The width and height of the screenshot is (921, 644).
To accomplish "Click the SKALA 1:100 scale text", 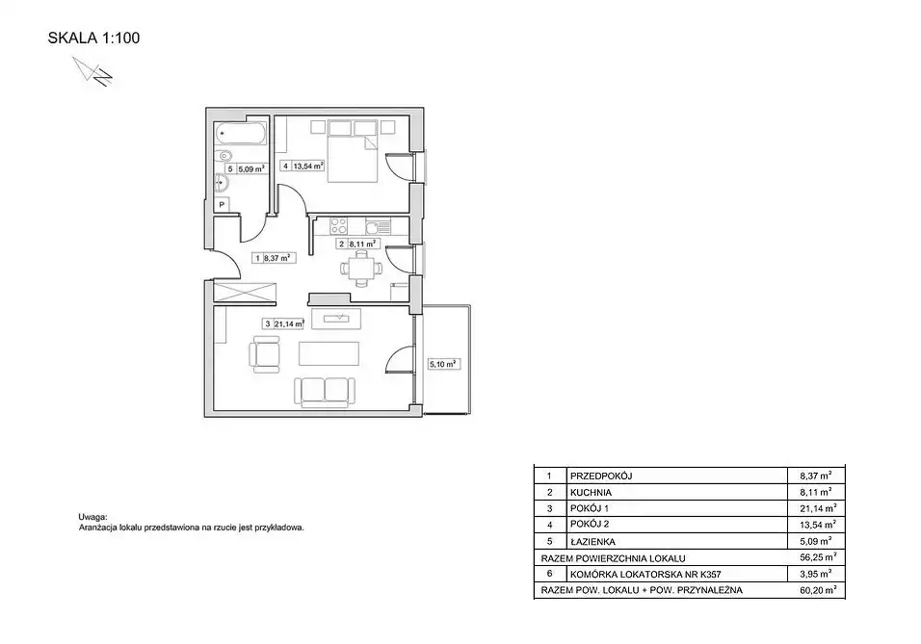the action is click(93, 39).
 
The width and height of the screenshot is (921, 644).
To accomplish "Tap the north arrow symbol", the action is click(92, 72).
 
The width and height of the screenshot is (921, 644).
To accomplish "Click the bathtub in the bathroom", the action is click(241, 133).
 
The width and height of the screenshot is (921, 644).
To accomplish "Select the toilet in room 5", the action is click(223, 157).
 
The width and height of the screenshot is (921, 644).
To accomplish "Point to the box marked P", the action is click(222, 205).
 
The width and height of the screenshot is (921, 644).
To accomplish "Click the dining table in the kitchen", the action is click(360, 270).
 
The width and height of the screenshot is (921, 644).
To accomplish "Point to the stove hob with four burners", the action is click(338, 226).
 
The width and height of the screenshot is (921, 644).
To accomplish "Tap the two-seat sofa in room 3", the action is click(325, 392).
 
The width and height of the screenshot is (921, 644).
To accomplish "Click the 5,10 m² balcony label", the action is click(443, 365).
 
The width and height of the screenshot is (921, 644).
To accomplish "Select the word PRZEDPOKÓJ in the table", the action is click(601, 477).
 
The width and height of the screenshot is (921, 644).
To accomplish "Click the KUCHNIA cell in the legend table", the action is click(591, 493).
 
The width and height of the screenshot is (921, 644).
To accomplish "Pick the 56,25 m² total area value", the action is click(818, 557).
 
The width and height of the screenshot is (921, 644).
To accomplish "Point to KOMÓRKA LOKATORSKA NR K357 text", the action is click(645, 574).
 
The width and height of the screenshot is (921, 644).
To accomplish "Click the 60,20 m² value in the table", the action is click(818, 590).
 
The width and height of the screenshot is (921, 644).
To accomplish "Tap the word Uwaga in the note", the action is click(92, 517).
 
